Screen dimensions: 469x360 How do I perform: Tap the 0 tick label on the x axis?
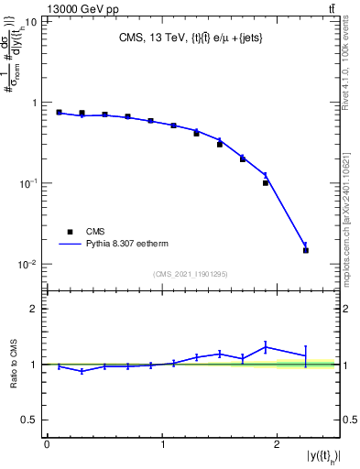click(x=47, y=444)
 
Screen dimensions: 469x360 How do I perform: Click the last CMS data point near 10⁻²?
click(x=306, y=250)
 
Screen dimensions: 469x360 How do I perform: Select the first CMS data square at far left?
click(x=59, y=113)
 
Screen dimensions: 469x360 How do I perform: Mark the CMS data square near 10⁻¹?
click(x=266, y=183)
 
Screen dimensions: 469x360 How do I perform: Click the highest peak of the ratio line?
click(x=266, y=346)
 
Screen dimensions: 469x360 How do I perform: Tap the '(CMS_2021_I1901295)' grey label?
click(x=191, y=274)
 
